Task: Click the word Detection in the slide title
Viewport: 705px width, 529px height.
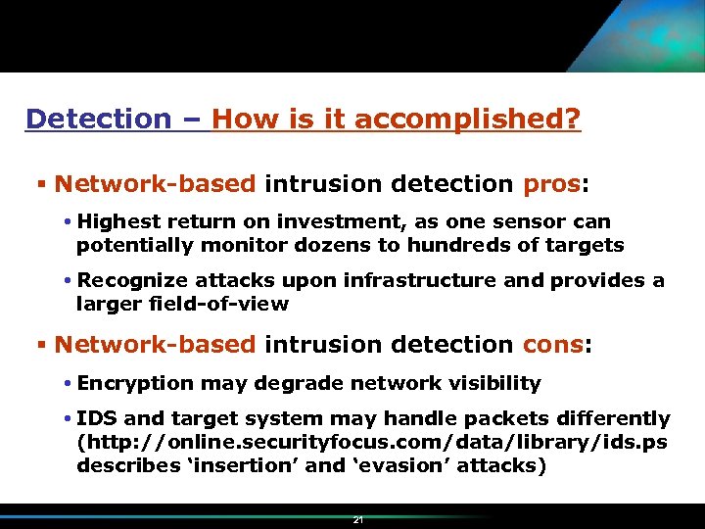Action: point(98,120)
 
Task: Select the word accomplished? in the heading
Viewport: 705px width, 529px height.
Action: point(467,120)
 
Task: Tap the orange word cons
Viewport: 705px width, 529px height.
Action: point(552,345)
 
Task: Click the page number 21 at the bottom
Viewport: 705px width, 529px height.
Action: point(358,520)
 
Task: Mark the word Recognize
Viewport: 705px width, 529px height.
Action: point(130,281)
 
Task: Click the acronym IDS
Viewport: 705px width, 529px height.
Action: point(97,419)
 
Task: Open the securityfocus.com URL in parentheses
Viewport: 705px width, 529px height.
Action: point(372,442)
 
